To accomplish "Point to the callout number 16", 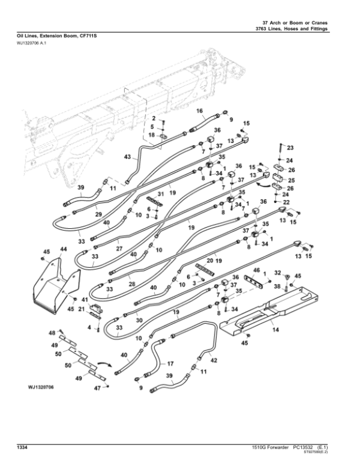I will pos(200,110).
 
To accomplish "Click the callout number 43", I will pos(127,157).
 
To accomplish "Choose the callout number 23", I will pos(290,148).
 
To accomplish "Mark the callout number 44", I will pos(63,249).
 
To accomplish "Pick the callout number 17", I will pos(170,363).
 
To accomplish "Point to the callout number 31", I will pos(160,193).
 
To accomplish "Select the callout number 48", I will pos(52,333).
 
